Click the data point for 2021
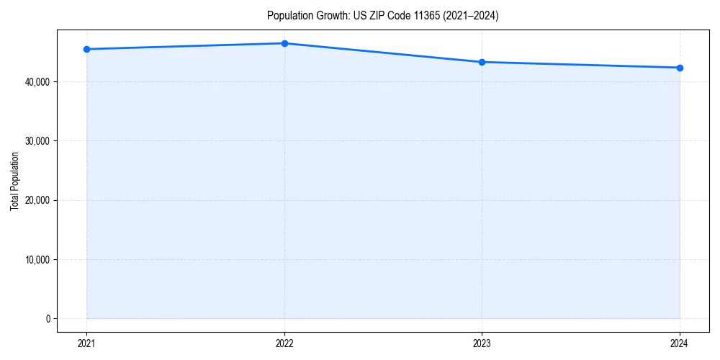tap(86, 49)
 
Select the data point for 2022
tap(284, 43)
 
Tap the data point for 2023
tap(482, 62)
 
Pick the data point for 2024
tap(680, 68)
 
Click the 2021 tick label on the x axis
tap(86, 343)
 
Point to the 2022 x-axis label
tap(284, 343)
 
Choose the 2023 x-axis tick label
tap(482, 343)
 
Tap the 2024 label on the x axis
tap(680, 343)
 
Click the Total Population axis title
tap(14, 181)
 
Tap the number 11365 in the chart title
tap(427, 16)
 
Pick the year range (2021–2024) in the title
tap(471, 16)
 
